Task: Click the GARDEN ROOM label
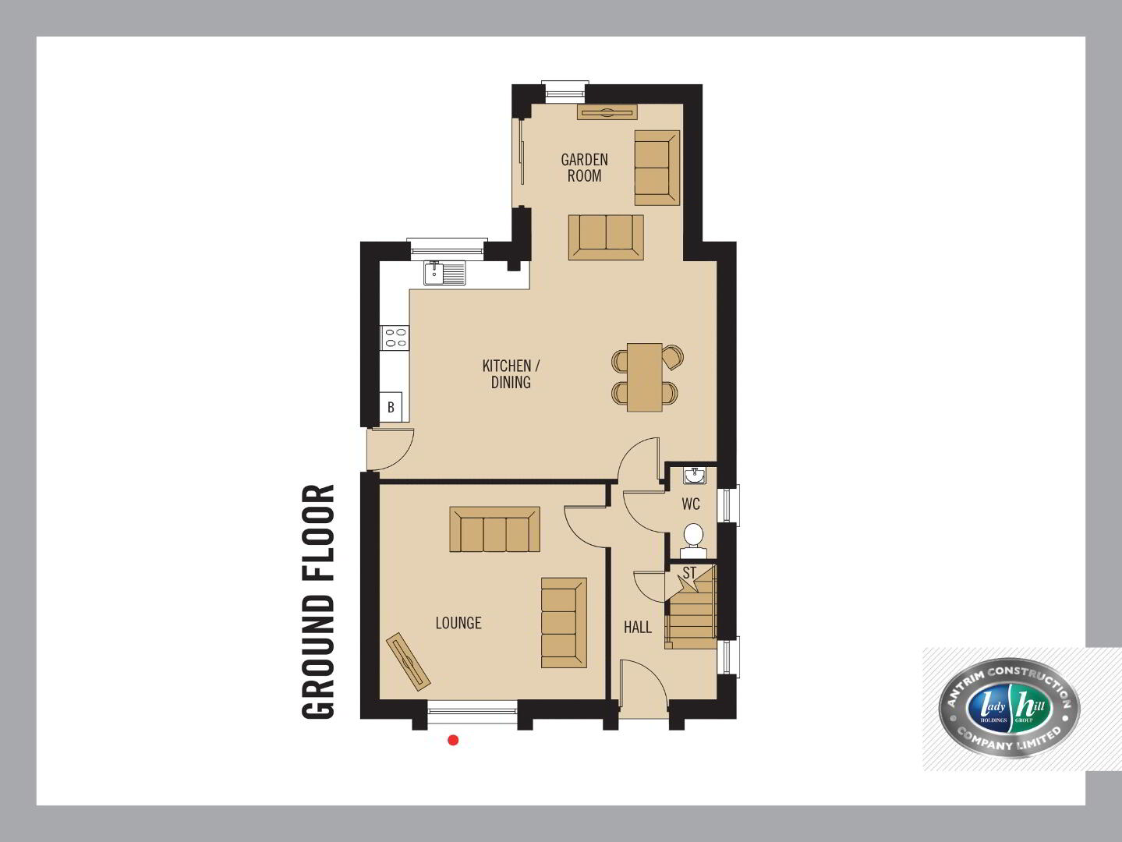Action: click(x=584, y=168)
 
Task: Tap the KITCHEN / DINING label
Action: click(x=511, y=374)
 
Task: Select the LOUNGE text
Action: click(x=458, y=623)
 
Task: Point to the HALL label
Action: click(x=638, y=627)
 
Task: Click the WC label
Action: click(x=691, y=504)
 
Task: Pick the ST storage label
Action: click(x=689, y=573)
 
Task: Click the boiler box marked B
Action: click(x=391, y=407)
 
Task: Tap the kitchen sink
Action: click(x=444, y=273)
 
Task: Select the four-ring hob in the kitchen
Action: click(x=395, y=338)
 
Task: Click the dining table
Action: click(x=645, y=377)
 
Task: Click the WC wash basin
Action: click(x=695, y=476)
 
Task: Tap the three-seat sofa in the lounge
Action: click(x=494, y=529)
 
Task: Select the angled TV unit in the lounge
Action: click(x=408, y=662)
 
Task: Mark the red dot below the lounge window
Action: click(x=453, y=740)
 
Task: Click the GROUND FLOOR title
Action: click(x=318, y=601)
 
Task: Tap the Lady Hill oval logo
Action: click(x=1008, y=708)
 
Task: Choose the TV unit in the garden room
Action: click(x=607, y=112)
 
